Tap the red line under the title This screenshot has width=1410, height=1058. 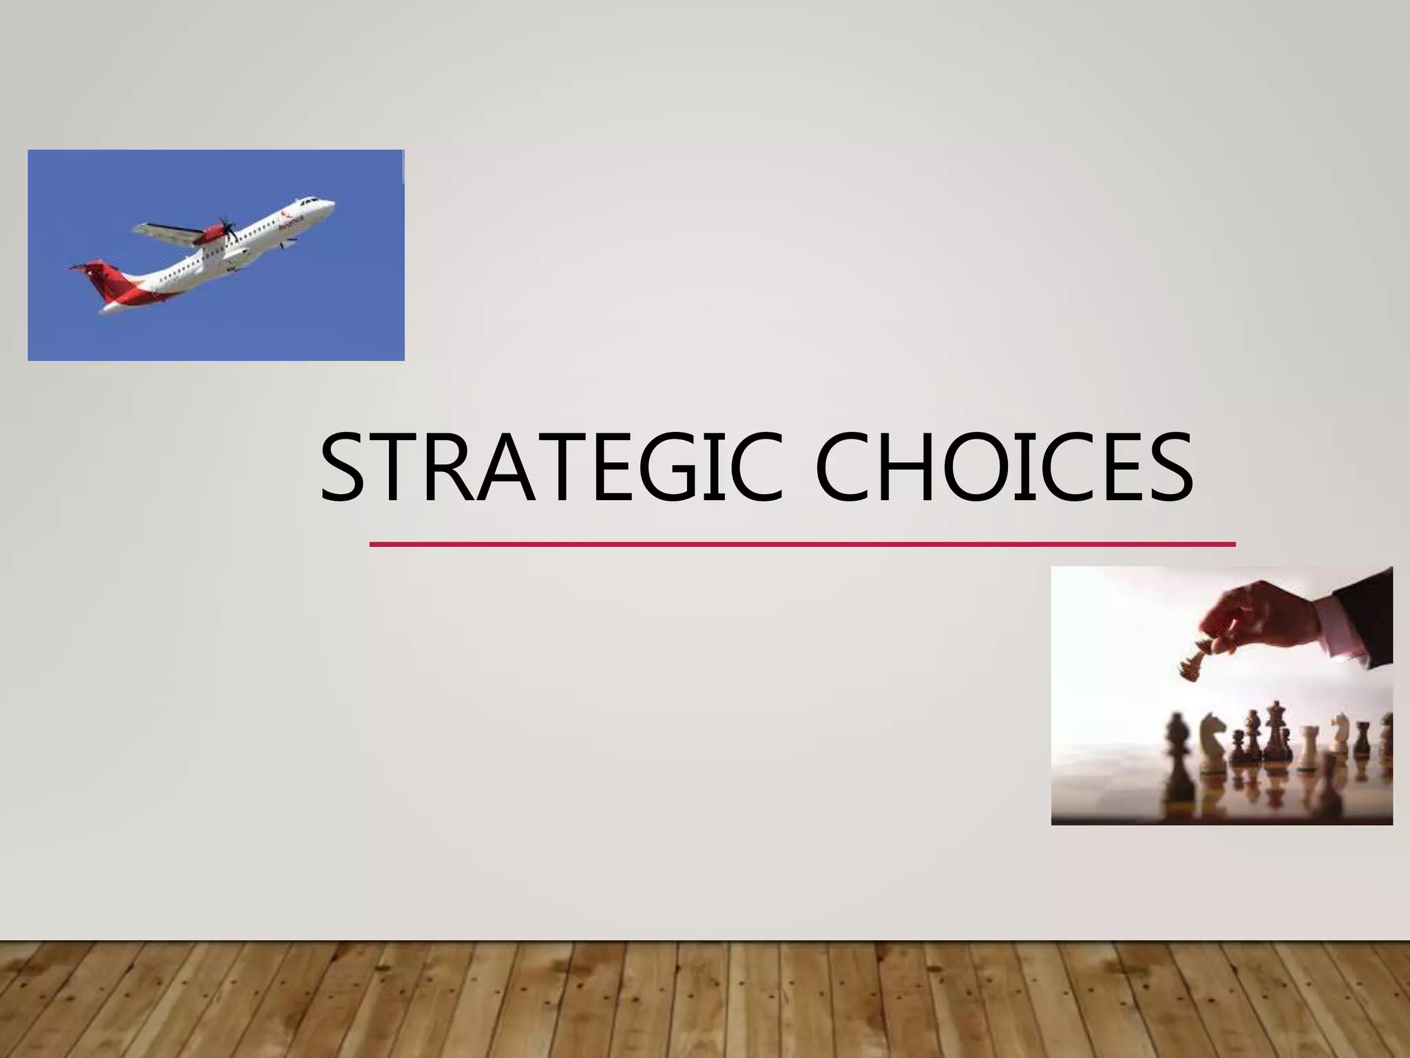click(x=802, y=544)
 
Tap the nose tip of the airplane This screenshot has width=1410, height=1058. click(x=333, y=203)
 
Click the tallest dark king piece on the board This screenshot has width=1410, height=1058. click(x=1278, y=744)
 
